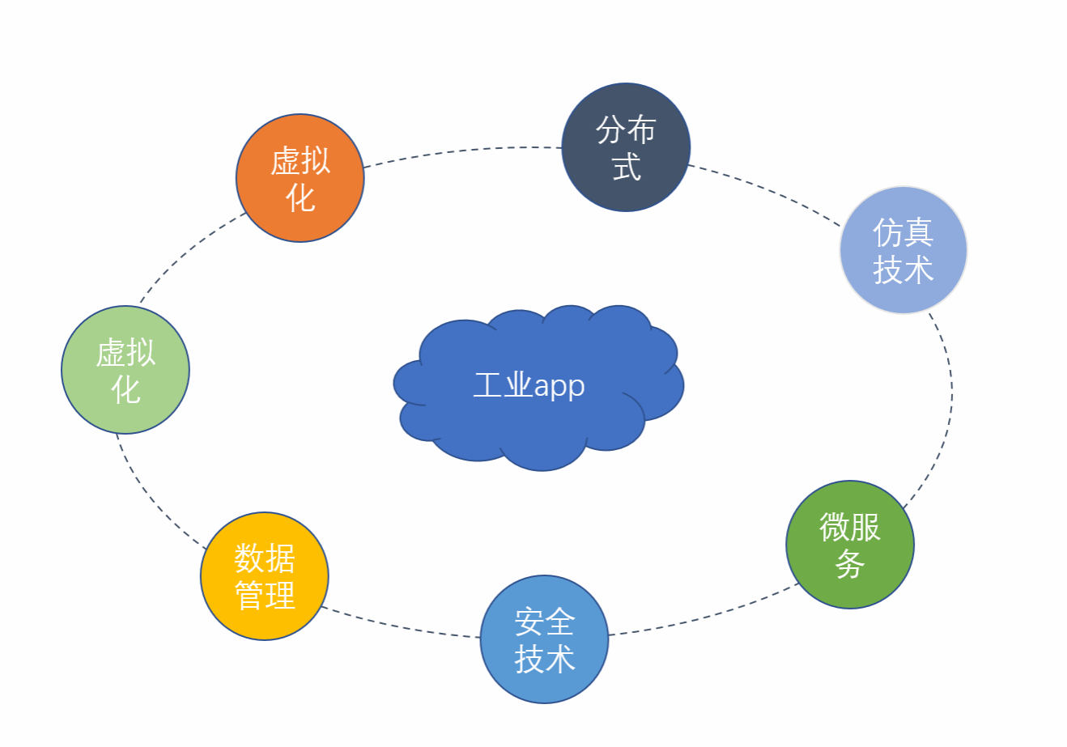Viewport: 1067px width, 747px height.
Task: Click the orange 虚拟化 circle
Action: pyautogui.click(x=300, y=178)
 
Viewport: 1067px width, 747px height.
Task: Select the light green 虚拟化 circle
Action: pyautogui.click(x=125, y=370)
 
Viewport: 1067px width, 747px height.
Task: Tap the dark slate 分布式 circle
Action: pyautogui.click(x=626, y=147)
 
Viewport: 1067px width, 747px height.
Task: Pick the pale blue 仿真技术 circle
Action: pyautogui.click(x=903, y=250)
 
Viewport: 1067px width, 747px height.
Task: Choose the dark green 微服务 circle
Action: pyautogui.click(x=850, y=545)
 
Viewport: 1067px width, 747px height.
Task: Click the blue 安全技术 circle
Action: pyautogui.click(x=545, y=639)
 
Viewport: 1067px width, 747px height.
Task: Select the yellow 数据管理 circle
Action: pyautogui.click(x=265, y=576)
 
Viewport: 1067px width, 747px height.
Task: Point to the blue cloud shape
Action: pyautogui.click(x=538, y=388)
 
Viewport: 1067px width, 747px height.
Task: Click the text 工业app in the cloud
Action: pyautogui.click(x=529, y=386)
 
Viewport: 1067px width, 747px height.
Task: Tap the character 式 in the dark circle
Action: pyautogui.click(x=627, y=167)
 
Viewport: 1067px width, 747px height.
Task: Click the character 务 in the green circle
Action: pyautogui.click(x=850, y=564)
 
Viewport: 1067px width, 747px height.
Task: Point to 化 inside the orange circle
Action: pyautogui.click(x=300, y=198)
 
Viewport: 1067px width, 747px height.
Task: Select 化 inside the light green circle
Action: pyautogui.click(x=125, y=390)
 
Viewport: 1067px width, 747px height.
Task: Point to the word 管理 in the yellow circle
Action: pyautogui.click(x=265, y=596)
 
